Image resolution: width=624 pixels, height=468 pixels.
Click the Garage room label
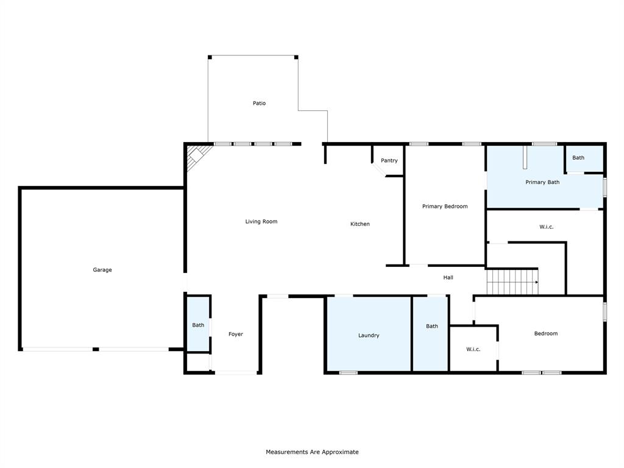(x=102, y=270)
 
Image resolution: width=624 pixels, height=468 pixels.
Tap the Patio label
(x=259, y=104)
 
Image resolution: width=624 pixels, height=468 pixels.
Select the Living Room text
(x=261, y=222)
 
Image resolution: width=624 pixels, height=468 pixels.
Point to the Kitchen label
(x=360, y=224)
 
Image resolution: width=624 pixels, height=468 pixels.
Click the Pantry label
(x=389, y=161)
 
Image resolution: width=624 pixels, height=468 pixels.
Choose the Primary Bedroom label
(x=445, y=207)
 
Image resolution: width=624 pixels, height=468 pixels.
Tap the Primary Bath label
(x=542, y=182)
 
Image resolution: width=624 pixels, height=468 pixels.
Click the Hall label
(x=448, y=278)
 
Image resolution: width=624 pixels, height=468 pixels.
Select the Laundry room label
(x=369, y=336)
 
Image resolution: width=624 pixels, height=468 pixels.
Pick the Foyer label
(x=236, y=335)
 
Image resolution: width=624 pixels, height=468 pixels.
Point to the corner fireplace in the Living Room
(x=197, y=156)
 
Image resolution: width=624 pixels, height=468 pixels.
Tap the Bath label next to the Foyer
(x=198, y=325)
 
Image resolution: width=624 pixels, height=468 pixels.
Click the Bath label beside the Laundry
(x=431, y=327)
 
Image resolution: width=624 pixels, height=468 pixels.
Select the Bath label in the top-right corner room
(x=578, y=158)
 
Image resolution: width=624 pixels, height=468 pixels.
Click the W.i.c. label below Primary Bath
(x=546, y=227)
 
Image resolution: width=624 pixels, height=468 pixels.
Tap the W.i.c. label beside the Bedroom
(x=473, y=350)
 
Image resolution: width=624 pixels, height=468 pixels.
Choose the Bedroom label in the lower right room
(x=545, y=334)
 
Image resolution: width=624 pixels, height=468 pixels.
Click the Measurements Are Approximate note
(x=312, y=452)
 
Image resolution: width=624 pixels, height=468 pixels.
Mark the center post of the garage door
(x=96, y=349)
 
